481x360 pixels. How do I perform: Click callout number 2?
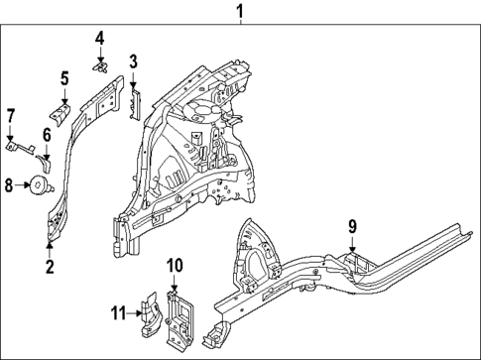pyautogui.click(x=50, y=266)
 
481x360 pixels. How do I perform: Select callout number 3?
pyautogui.click(x=133, y=62)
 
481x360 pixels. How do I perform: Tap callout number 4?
pyautogui.click(x=99, y=39)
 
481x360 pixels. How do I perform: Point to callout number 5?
pyautogui.click(x=64, y=78)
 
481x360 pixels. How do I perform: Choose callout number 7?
pyautogui.click(x=11, y=117)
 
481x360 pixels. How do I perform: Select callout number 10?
pyautogui.click(x=175, y=265)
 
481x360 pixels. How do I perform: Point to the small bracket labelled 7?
pyautogui.click(x=20, y=148)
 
